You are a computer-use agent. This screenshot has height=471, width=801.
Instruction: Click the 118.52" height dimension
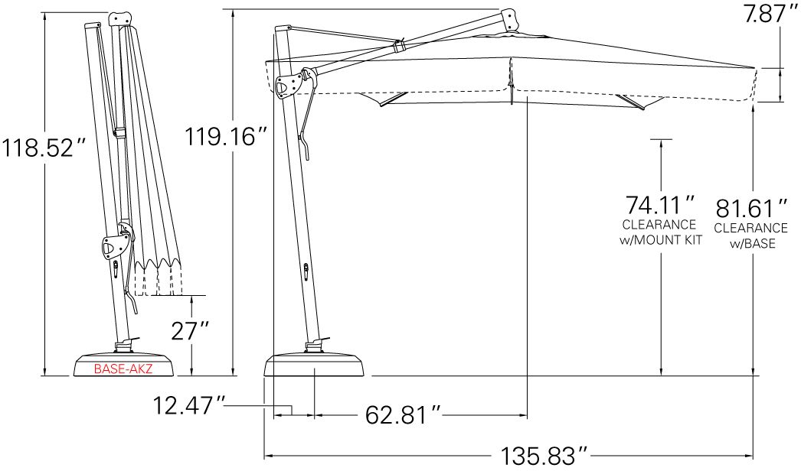(x=44, y=148)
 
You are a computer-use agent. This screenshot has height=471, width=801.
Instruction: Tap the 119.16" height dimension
(x=225, y=136)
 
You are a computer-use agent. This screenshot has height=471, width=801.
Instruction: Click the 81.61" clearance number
(x=751, y=208)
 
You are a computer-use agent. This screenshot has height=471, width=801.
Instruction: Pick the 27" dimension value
(x=189, y=330)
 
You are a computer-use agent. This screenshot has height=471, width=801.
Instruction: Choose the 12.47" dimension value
(x=189, y=406)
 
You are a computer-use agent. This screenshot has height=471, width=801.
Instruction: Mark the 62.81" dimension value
(x=403, y=415)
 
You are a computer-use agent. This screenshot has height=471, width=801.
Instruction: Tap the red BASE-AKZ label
(x=123, y=369)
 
